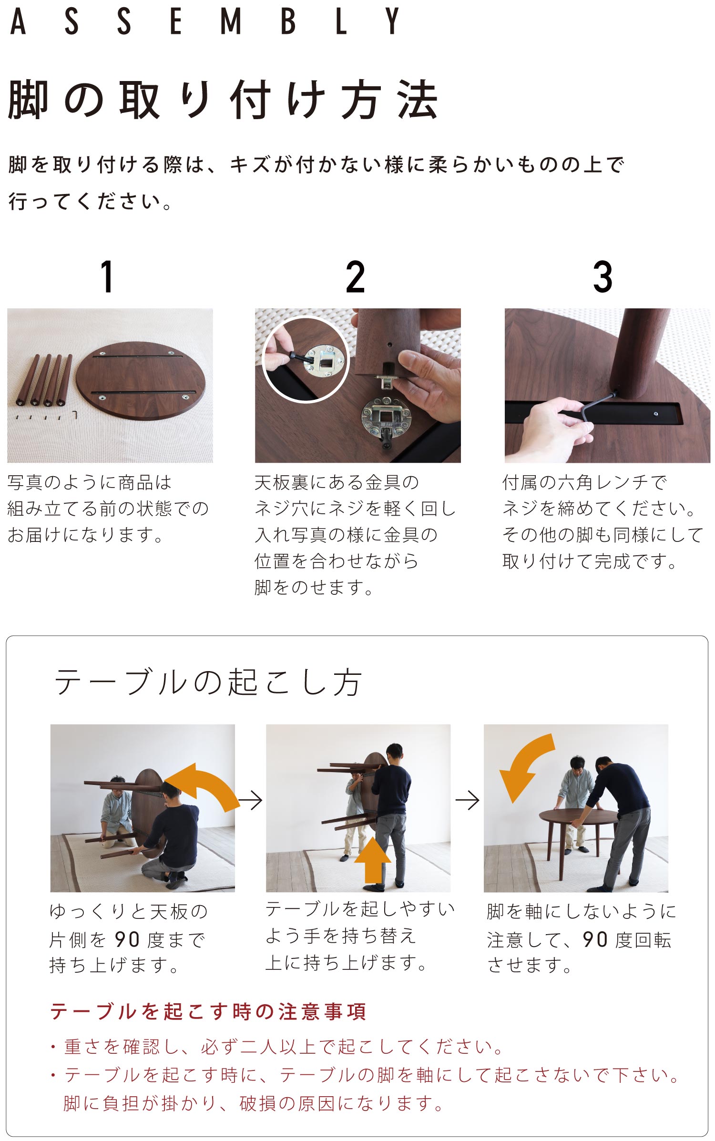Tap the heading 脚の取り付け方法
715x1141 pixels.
click(x=223, y=100)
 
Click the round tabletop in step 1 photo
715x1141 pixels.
click(x=141, y=380)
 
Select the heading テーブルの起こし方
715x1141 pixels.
click(x=208, y=682)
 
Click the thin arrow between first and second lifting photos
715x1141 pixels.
click(x=250, y=800)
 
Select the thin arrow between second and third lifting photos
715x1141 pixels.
click(x=467, y=800)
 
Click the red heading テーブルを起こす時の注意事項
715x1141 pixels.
click(x=208, y=1012)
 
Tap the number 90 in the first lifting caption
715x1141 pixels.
click(x=127, y=939)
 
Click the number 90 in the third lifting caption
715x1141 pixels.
click(x=595, y=939)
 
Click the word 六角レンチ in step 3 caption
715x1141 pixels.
click(x=603, y=483)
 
